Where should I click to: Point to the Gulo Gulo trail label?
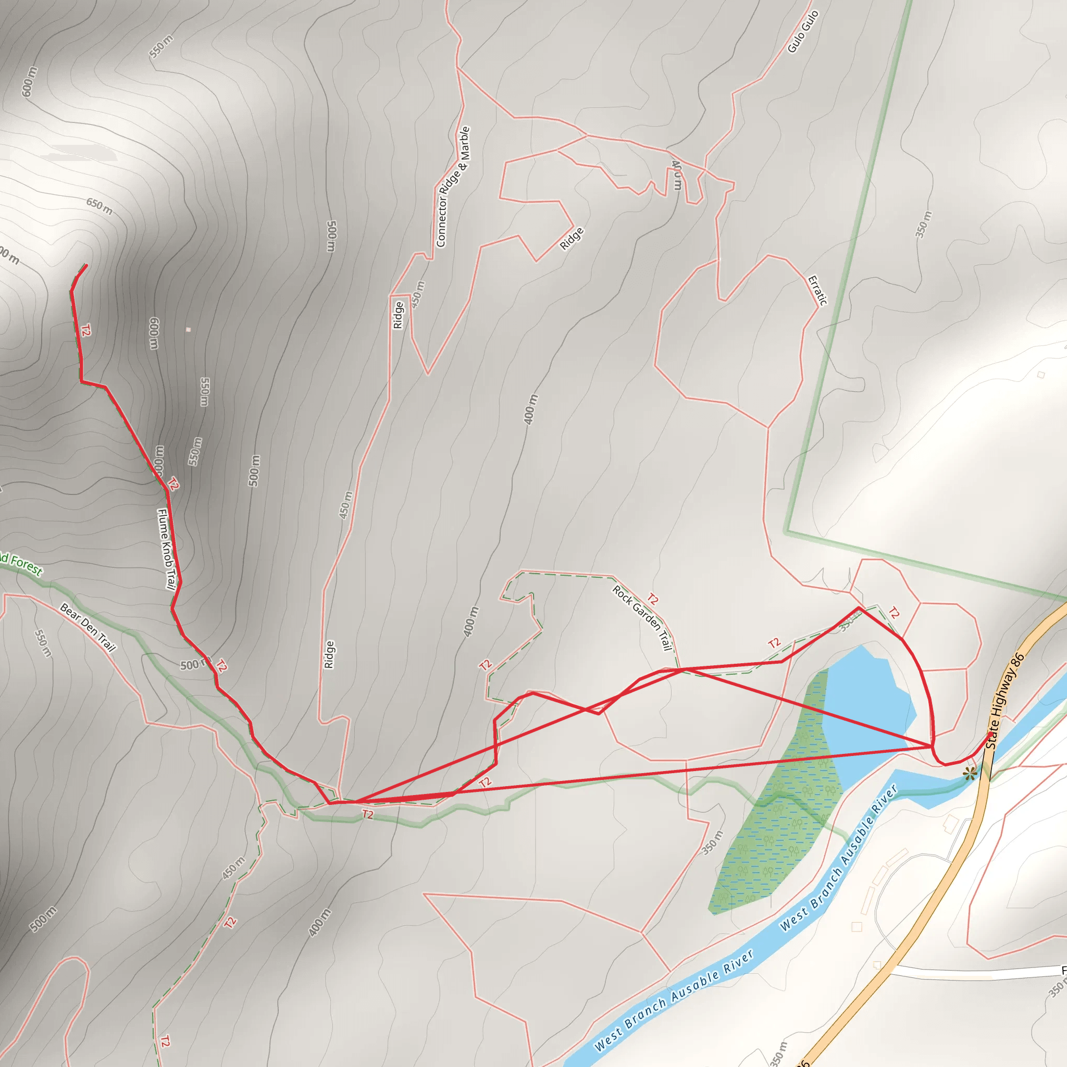[802, 31]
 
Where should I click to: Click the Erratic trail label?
[817, 291]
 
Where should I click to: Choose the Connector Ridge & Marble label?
[453, 187]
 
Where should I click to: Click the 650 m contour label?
[100, 206]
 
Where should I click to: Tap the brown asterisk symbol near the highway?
[969, 774]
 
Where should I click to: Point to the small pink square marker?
[188, 330]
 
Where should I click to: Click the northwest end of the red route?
[86, 266]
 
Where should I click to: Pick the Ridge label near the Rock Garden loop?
[329, 654]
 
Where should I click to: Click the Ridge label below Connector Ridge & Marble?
[398, 315]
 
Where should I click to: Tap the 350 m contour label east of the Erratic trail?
[923, 224]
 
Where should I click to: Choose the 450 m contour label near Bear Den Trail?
[233, 869]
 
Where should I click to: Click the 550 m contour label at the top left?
[162, 46]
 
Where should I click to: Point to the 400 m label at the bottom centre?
[320, 922]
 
